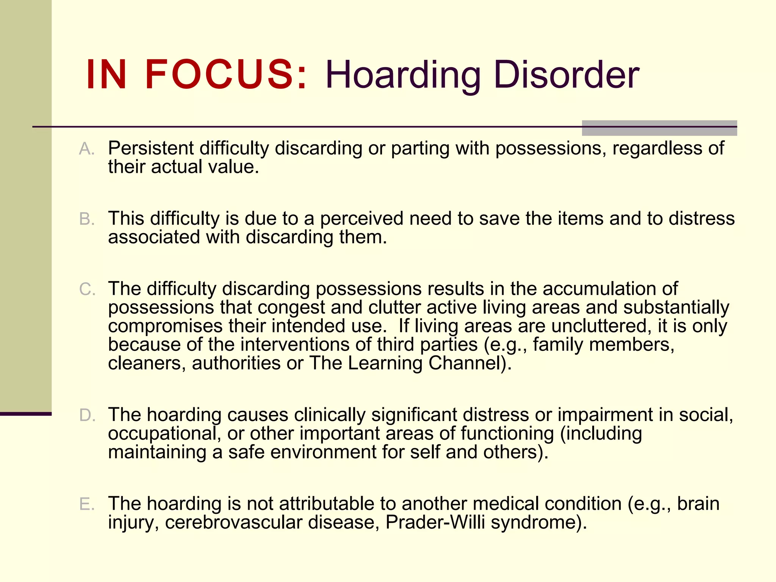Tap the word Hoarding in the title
point(403,76)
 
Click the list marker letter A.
point(86,149)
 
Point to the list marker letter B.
point(86,219)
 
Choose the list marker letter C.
point(87,289)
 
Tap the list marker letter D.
point(87,416)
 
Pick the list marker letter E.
point(86,504)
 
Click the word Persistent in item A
point(151,148)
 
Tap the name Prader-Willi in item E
point(435,523)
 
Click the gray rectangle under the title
point(659,128)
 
